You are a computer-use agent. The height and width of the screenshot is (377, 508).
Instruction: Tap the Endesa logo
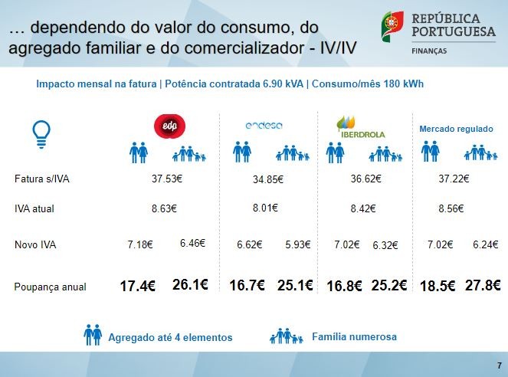coord(264,126)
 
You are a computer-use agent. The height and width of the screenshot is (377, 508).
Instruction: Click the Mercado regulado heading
coord(456,129)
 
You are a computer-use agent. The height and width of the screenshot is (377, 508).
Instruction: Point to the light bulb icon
coord(41,133)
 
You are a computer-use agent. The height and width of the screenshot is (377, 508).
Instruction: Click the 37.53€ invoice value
coord(167,179)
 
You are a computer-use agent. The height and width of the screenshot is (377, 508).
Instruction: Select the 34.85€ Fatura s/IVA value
coord(267,179)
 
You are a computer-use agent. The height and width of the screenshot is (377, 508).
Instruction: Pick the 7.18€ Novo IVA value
coord(141,245)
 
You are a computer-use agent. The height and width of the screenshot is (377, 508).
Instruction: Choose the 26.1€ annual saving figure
coord(191,285)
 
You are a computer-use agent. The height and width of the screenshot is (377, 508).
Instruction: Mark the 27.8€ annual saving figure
coord(483,285)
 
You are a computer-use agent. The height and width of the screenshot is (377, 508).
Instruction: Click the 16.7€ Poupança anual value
coord(247,285)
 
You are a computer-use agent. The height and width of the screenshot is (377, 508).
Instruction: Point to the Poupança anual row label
coord(50,287)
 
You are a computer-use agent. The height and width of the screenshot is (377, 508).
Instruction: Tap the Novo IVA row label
coord(35,245)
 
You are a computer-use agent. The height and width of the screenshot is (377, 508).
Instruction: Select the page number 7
coord(499,365)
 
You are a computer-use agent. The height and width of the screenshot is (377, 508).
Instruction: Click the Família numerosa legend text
coord(354,336)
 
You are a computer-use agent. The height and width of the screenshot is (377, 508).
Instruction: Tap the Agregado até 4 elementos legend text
coord(170,337)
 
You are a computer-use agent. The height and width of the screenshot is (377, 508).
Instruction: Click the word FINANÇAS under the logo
coord(431,50)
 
